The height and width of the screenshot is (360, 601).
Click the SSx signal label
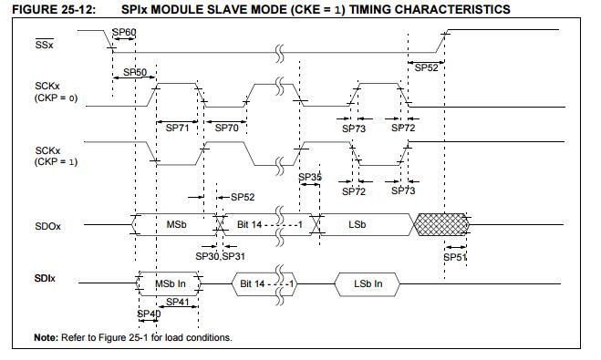tap(44, 44)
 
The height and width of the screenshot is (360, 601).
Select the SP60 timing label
tap(124, 32)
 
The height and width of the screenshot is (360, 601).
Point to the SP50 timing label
tap(135, 72)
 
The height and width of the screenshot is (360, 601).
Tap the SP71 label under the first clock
tap(177, 128)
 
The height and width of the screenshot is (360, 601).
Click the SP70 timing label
tap(226, 128)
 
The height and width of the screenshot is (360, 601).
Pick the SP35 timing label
tap(310, 177)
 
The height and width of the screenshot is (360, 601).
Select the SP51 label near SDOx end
tap(454, 257)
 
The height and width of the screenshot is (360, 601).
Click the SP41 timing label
tap(178, 302)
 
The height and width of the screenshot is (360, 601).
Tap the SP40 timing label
tap(149, 314)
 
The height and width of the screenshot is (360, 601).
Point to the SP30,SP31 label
tap(220, 256)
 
